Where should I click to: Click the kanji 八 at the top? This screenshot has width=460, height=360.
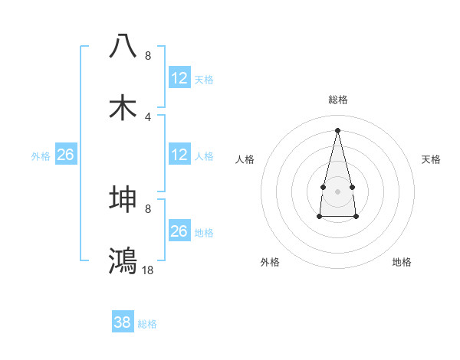click(x=123, y=45)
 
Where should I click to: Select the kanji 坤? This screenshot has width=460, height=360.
click(x=123, y=199)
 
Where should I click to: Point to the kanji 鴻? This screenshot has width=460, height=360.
click(x=123, y=260)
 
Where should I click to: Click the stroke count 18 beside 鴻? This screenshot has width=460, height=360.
click(x=148, y=270)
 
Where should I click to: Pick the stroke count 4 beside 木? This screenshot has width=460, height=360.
click(x=148, y=116)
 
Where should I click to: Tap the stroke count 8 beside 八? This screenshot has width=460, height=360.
click(x=148, y=56)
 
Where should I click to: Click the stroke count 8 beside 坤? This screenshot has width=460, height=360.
click(x=148, y=208)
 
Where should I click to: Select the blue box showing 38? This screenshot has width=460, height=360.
click(x=123, y=322)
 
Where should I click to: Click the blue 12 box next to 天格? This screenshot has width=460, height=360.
click(x=179, y=78)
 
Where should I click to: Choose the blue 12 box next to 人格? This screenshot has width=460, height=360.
click(x=179, y=155)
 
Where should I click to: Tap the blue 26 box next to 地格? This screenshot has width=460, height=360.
click(x=179, y=231)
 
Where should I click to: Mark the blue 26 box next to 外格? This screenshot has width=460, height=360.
click(x=65, y=155)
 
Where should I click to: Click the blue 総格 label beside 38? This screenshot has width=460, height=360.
click(x=147, y=324)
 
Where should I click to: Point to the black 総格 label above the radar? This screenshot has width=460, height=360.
click(x=337, y=100)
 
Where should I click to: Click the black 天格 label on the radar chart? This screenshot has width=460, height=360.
click(x=432, y=159)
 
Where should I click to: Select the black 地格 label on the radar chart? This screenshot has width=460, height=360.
click(x=402, y=262)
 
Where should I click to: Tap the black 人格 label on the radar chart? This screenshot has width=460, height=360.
click(x=245, y=159)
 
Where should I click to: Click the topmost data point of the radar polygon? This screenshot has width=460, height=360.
click(x=337, y=129)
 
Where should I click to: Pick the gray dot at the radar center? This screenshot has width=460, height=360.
click(x=337, y=190)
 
